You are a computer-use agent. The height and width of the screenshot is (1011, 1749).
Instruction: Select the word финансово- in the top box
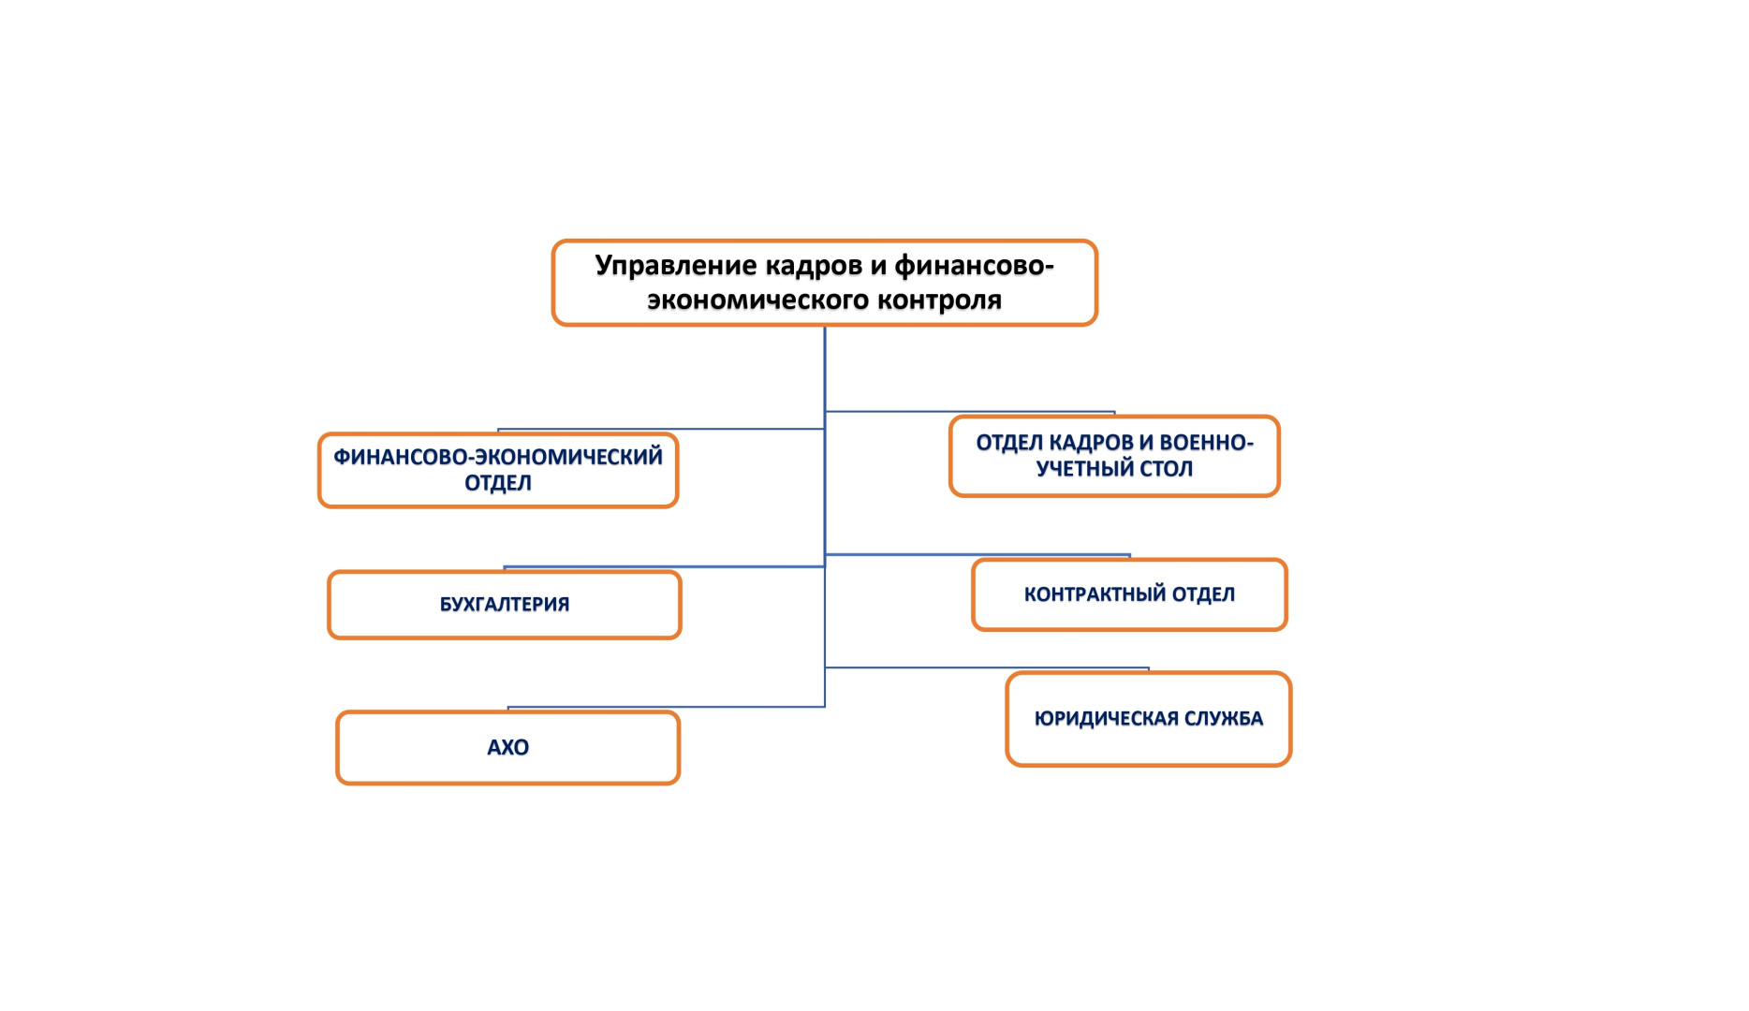(x=974, y=267)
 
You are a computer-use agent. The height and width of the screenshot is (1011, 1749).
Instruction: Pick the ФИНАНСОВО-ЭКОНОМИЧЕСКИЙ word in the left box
(x=498, y=457)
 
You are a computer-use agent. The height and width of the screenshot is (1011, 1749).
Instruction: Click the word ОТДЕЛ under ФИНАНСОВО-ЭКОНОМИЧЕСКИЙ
(x=498, y=483)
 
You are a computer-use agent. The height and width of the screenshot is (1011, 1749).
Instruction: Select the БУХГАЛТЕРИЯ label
(x=505, y=605)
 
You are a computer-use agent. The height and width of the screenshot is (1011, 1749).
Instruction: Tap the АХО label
(x=507, y=748)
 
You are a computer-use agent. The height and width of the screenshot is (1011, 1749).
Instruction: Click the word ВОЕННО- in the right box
(x=1206, y=443)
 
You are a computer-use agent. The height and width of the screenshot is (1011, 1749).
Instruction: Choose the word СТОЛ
(x=1167, y=469)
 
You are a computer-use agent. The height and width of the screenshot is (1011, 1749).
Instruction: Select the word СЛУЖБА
(x=1224, y=719)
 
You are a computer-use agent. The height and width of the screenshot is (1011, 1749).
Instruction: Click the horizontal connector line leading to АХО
(x=665, y=707)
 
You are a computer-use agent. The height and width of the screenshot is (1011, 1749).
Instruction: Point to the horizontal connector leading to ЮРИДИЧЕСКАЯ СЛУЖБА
(x=983, y=667)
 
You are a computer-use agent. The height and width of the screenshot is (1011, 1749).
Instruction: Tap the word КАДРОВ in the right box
(x=1089, y=443)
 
